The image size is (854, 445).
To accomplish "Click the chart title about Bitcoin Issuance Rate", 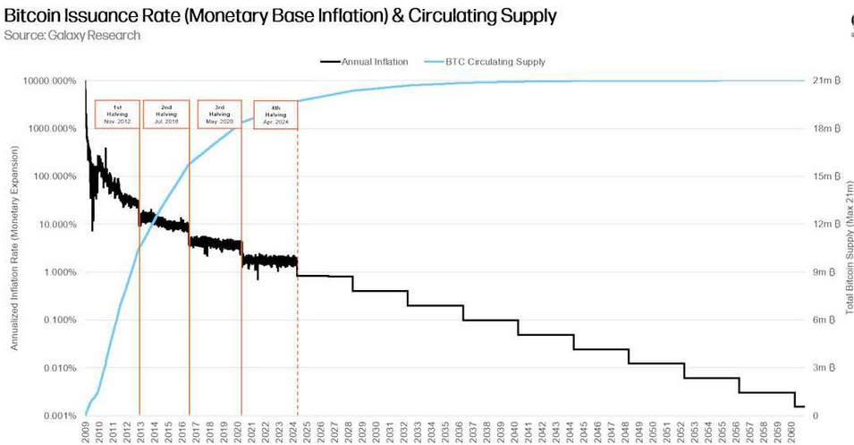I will coord(280,15).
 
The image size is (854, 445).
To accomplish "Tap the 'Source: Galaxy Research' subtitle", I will coord(72,35).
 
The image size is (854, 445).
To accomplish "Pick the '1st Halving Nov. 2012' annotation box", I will coord(117,115).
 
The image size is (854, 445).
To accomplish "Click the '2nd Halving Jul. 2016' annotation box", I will coord(166,115).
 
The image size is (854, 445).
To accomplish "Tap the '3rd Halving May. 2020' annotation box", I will coord(219,115).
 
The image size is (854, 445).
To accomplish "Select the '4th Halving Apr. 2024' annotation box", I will coord(275,116).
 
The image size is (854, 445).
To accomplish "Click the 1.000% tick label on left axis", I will coord(55,272).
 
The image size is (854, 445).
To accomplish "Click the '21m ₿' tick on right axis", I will coord(823,81).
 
